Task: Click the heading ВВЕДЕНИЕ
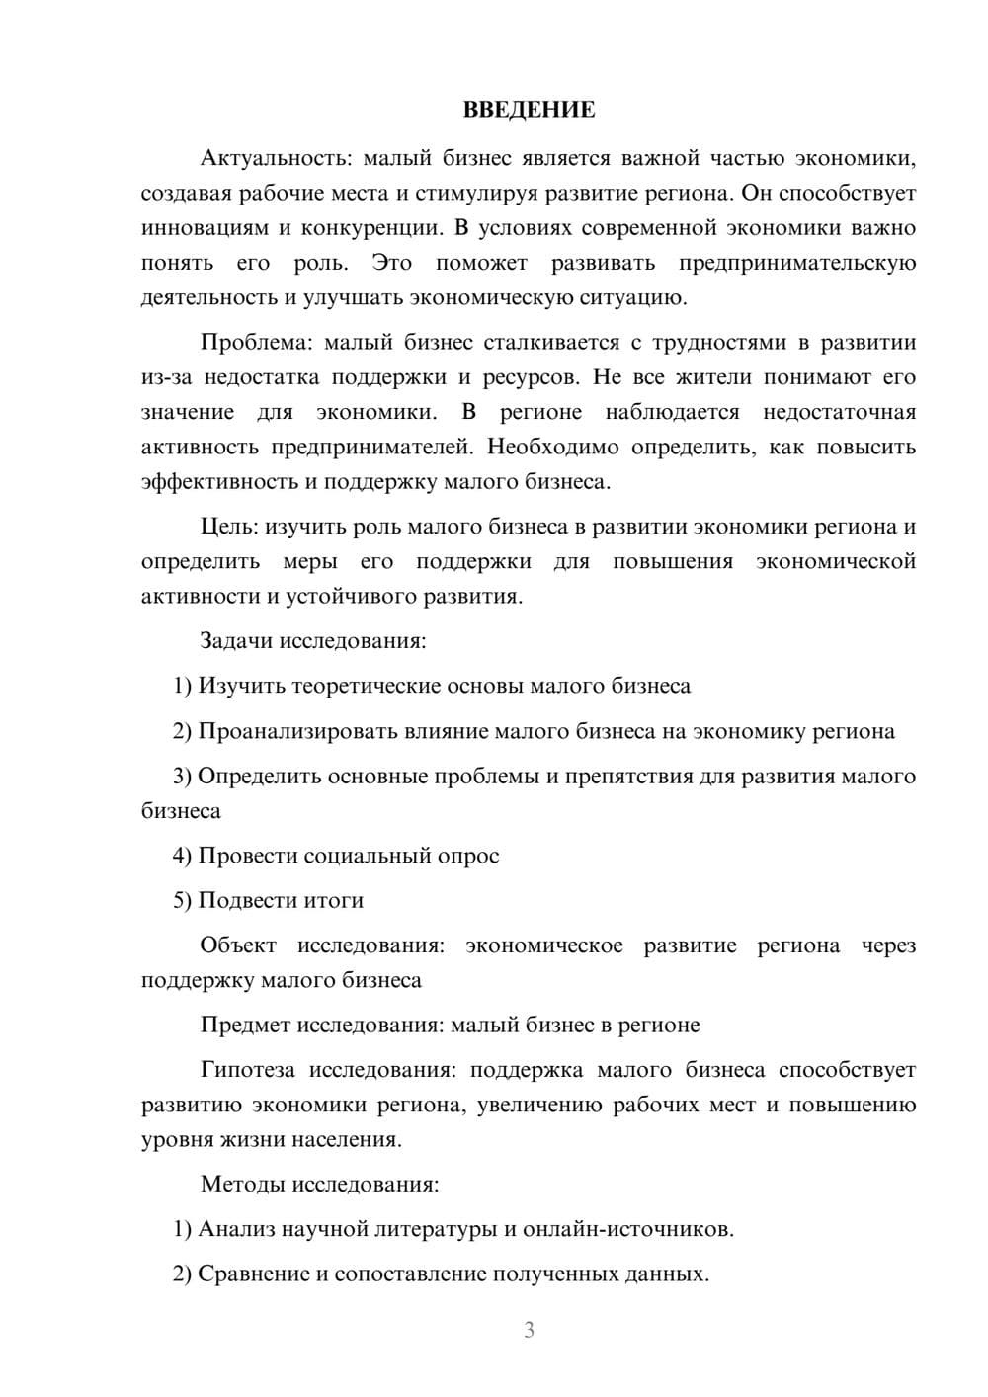(x=529, y=110)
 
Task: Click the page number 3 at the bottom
(x=529, y=1330)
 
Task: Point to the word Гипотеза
(x=248, y=1070)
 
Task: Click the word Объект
(x=238, y=945)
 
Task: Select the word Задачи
(x=236, y=640)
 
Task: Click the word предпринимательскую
(x=797, y=263)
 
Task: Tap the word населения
(x=346, y=1139)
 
